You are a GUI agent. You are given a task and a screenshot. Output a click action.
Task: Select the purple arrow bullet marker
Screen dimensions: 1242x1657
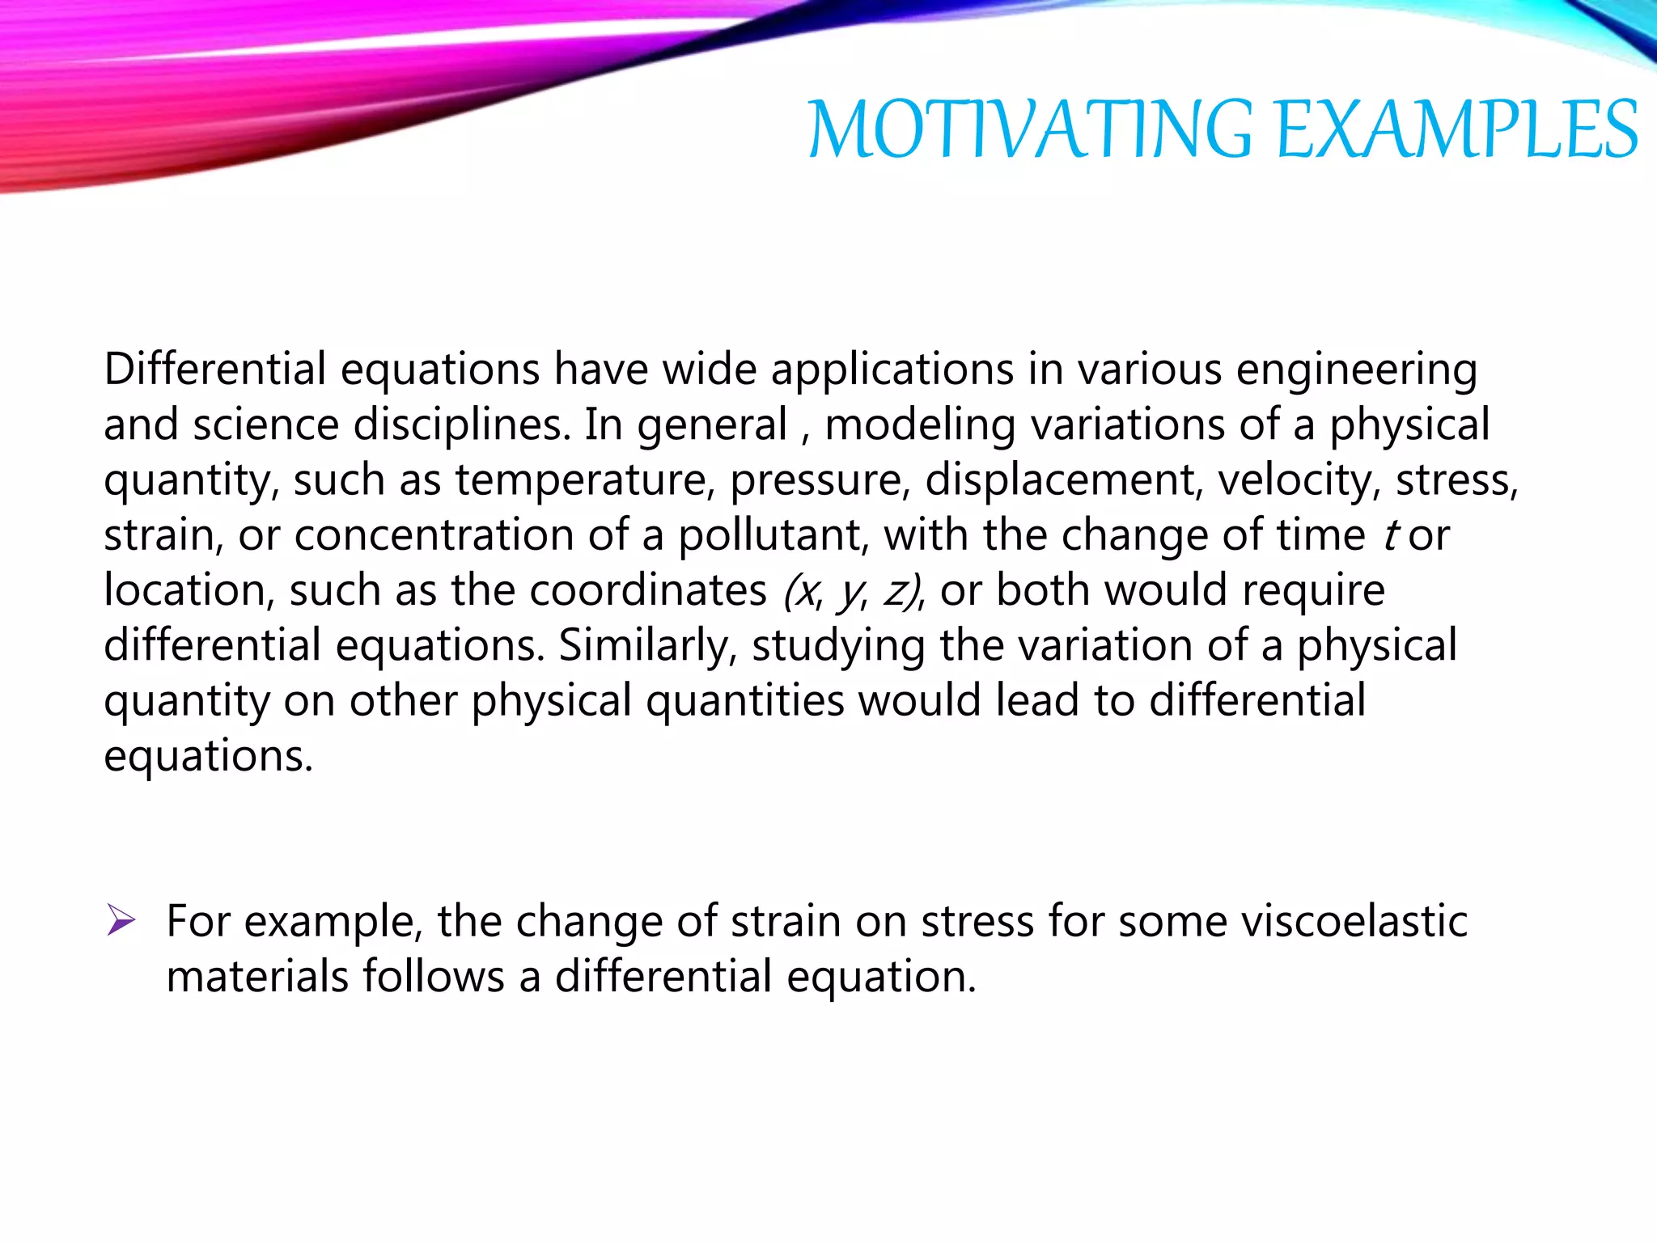(x=121, y=920)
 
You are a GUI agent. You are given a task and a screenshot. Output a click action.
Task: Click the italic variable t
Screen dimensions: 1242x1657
(x=1391, y=535)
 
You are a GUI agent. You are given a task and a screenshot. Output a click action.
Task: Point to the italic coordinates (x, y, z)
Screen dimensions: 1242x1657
(x=853, y=591)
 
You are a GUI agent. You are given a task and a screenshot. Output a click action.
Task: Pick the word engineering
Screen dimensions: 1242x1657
(x=1357, y=371)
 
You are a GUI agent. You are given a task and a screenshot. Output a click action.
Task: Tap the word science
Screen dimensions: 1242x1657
(x=265, y=425)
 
